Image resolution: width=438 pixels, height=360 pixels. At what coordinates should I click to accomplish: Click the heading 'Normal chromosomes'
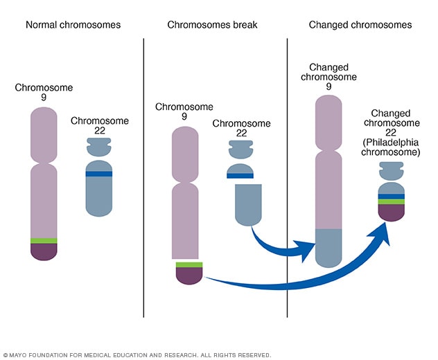coord(73,25)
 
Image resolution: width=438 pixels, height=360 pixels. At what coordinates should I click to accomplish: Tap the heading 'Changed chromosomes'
coord(361,25)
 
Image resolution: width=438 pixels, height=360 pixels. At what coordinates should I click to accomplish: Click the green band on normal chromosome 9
coord(44,240)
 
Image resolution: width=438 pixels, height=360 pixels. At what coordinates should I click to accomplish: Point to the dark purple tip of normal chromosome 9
coord(44,251)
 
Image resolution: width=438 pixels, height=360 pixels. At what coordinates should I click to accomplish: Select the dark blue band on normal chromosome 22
coord(99,174)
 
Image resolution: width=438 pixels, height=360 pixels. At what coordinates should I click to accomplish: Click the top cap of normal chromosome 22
coord(99,146)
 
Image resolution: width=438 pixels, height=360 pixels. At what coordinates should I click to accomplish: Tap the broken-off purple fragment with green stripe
coord(189,273)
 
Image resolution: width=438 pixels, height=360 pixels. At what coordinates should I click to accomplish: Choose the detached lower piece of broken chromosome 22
coord(249,204)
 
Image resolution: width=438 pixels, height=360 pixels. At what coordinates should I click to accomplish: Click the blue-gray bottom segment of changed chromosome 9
coord(329,246)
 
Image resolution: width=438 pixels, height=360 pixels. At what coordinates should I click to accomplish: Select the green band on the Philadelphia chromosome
coord(392,201)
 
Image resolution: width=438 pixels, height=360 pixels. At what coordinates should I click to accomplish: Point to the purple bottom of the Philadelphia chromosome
coord(392,212)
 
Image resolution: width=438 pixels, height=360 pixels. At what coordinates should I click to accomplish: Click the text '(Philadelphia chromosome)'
coord(392,145)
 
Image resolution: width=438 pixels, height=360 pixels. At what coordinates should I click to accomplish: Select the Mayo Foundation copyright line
coord(137,354)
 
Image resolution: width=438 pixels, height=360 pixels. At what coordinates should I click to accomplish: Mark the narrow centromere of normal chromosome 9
coord(44,161)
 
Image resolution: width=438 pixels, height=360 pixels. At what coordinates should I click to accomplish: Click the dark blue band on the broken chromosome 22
coord(239,176)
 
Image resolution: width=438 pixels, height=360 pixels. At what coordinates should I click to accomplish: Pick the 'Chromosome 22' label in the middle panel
coord(239,129)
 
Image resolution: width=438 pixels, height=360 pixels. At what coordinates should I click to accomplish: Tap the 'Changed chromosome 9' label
coord(330,77)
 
